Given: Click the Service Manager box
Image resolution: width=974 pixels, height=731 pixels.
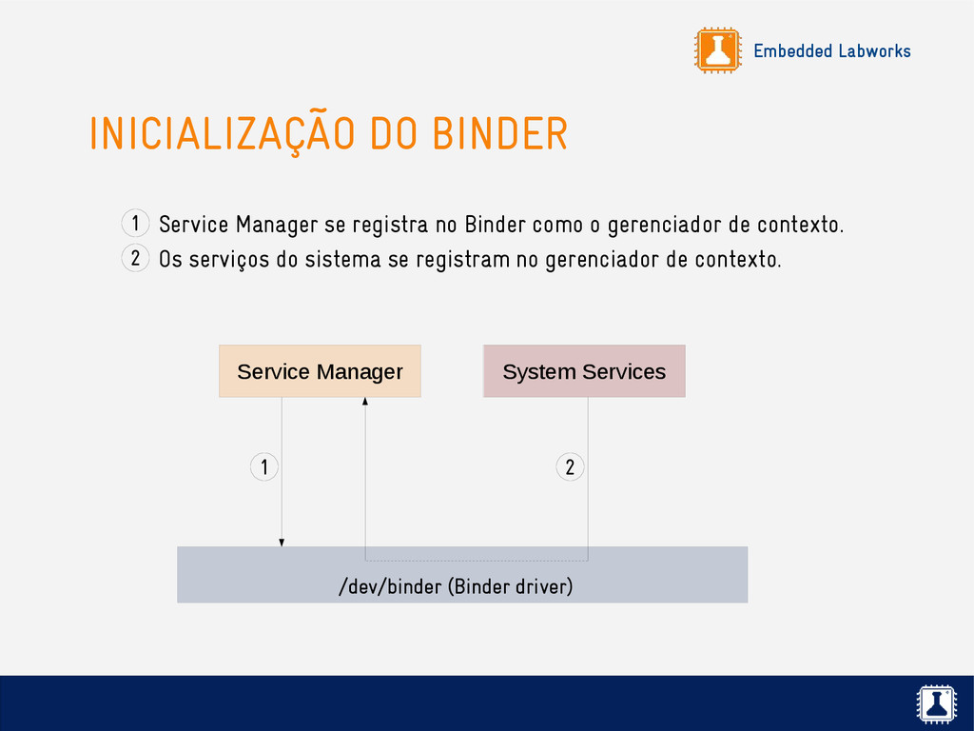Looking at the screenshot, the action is (x=320, y=371).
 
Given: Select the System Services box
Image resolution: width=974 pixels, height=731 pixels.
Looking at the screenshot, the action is (x=584, y=371).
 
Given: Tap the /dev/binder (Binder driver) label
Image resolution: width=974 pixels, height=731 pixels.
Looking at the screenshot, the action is (x=456, y=586).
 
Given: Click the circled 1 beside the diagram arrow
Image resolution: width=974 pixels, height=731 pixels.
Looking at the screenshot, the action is (x=263, y=467).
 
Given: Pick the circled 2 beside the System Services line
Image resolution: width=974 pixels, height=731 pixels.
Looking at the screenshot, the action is (x=570, y=467).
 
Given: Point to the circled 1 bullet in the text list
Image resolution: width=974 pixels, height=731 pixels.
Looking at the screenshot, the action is (x=135, y=224).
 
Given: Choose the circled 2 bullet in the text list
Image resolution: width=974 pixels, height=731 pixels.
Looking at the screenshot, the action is (x=135, y=258).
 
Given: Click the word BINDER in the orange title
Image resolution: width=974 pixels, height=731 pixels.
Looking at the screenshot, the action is (x=499, y=134).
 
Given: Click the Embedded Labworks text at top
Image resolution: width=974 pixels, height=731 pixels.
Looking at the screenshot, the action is (x=831, y=51).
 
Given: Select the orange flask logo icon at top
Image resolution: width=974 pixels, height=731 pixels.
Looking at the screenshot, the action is (x=717, y=50).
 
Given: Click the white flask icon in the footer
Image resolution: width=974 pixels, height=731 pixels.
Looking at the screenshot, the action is (x=937, y=704).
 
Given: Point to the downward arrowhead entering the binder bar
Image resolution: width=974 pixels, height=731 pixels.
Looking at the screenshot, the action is (x=282, y=543).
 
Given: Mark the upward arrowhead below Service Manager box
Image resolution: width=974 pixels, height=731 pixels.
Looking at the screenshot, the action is (x=365, y=402).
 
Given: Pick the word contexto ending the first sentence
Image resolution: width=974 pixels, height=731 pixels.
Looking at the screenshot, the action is (x=799, y=226).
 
